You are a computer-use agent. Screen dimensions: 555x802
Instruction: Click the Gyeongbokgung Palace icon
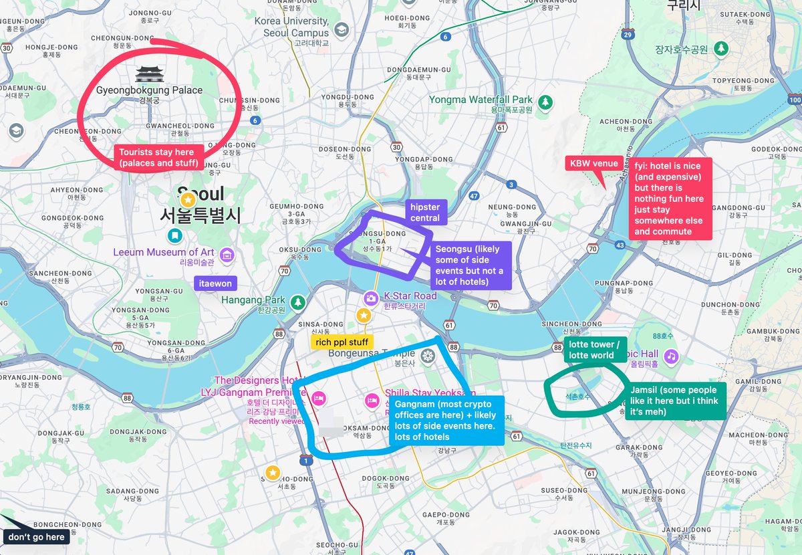coord(149,74)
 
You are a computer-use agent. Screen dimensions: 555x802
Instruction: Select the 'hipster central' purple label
coord(425,213)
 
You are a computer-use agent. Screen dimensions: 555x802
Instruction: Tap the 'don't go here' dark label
coord(36,537)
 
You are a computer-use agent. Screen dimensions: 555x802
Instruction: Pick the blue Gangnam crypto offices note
coord(446,421)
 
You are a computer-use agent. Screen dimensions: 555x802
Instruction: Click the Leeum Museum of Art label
coord(164,252)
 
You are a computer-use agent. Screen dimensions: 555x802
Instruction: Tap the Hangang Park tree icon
coord(297,302)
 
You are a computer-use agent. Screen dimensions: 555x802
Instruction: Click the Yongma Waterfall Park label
coord(481,100)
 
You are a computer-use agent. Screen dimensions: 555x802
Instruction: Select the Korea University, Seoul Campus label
coord(291,27)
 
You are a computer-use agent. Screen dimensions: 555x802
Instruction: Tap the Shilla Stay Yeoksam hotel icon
coord(372,400)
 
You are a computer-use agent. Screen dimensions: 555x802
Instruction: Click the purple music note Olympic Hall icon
coord(672,356)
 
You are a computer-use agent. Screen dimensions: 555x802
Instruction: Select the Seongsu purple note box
coord(472,265)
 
